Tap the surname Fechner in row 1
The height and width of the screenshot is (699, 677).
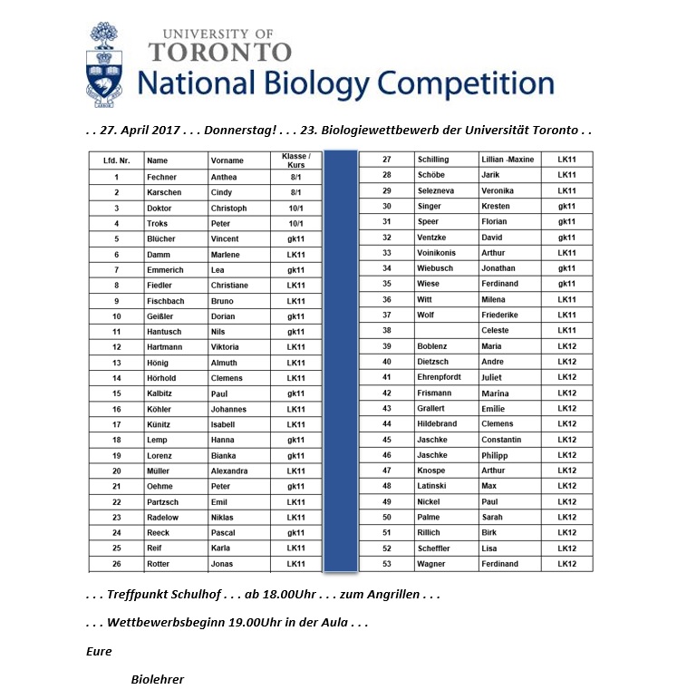pos(161,177)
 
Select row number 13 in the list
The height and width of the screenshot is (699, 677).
pos(117,363)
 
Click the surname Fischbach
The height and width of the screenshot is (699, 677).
pos(166,300)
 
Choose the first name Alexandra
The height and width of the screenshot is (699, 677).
pos(230,471)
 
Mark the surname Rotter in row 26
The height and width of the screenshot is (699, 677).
pos(160,564)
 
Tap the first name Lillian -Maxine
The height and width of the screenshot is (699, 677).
pos(508,160)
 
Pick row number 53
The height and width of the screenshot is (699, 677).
pos(387,564)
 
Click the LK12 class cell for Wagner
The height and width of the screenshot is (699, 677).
pos(567,564)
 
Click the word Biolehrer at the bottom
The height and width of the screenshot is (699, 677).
pos(158,679)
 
